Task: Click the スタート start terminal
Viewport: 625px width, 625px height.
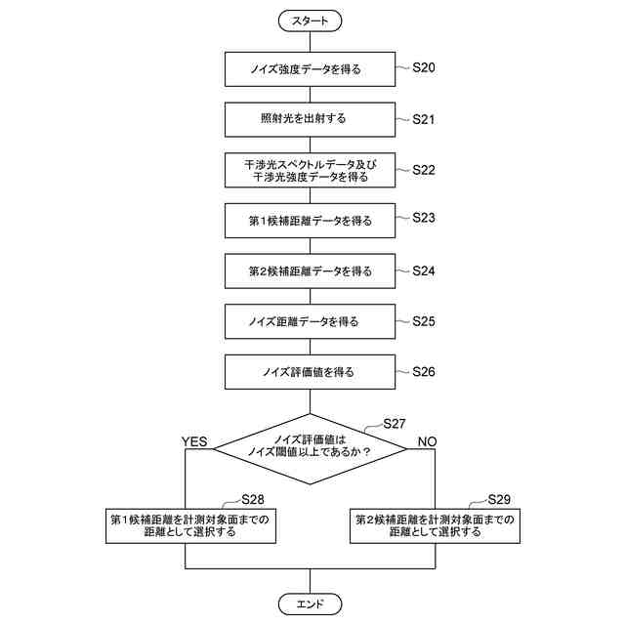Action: point(310,20)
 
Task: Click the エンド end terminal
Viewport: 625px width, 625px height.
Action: point(310,604)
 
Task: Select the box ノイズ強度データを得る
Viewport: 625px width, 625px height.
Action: point(310,68)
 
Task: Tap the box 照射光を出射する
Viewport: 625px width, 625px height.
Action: point(310,119)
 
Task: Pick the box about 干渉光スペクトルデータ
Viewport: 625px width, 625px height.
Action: point(310,170)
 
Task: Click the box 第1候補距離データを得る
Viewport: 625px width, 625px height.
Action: point(310,221)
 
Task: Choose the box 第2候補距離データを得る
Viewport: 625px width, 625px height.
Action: point(310,271)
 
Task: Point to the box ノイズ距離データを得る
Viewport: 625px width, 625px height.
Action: point(310,321)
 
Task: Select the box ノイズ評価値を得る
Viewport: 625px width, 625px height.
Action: point(310,372)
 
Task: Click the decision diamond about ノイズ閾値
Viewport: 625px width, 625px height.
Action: point(310,446)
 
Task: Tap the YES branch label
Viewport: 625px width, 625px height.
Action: point(195,441)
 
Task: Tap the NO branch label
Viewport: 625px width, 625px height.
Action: point(427,441)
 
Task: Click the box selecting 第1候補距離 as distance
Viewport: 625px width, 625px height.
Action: point(188,525)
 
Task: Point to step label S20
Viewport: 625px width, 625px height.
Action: point(423,67)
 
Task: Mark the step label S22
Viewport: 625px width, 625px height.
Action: point(423,169)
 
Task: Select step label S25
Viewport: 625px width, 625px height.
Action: point(423,320)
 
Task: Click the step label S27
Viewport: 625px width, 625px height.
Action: point(394,423)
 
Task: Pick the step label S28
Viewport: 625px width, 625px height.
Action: point(253,498)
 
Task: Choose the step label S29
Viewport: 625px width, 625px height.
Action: point(498,498)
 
